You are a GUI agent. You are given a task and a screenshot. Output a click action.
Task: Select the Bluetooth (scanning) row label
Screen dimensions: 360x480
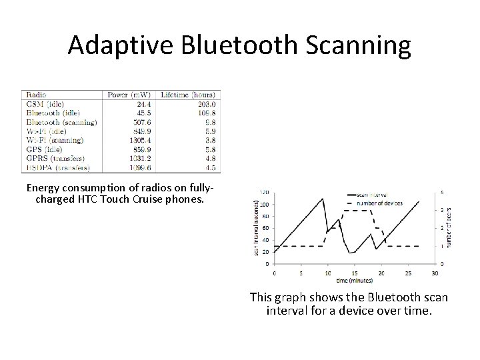click(x=61, y=123)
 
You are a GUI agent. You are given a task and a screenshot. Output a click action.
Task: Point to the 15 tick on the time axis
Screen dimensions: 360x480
click(x=355, y=273)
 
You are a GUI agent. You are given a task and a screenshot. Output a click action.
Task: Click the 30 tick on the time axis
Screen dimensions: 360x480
click(x=435, y=273)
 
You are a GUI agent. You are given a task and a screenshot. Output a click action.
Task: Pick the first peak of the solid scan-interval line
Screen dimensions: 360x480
click(x=323, y=199)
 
